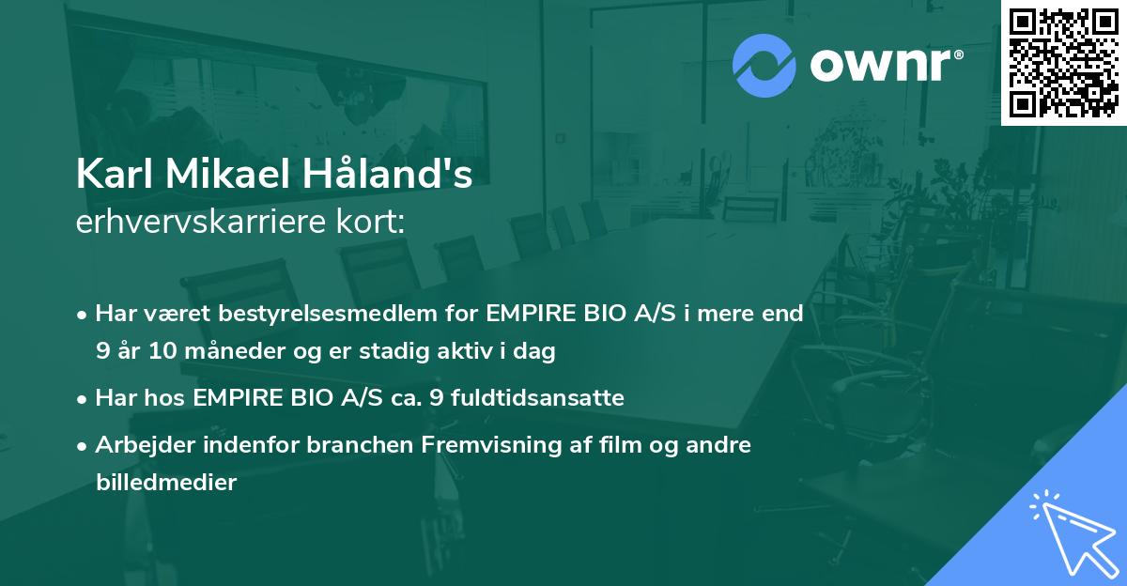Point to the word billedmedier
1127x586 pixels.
165,483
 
